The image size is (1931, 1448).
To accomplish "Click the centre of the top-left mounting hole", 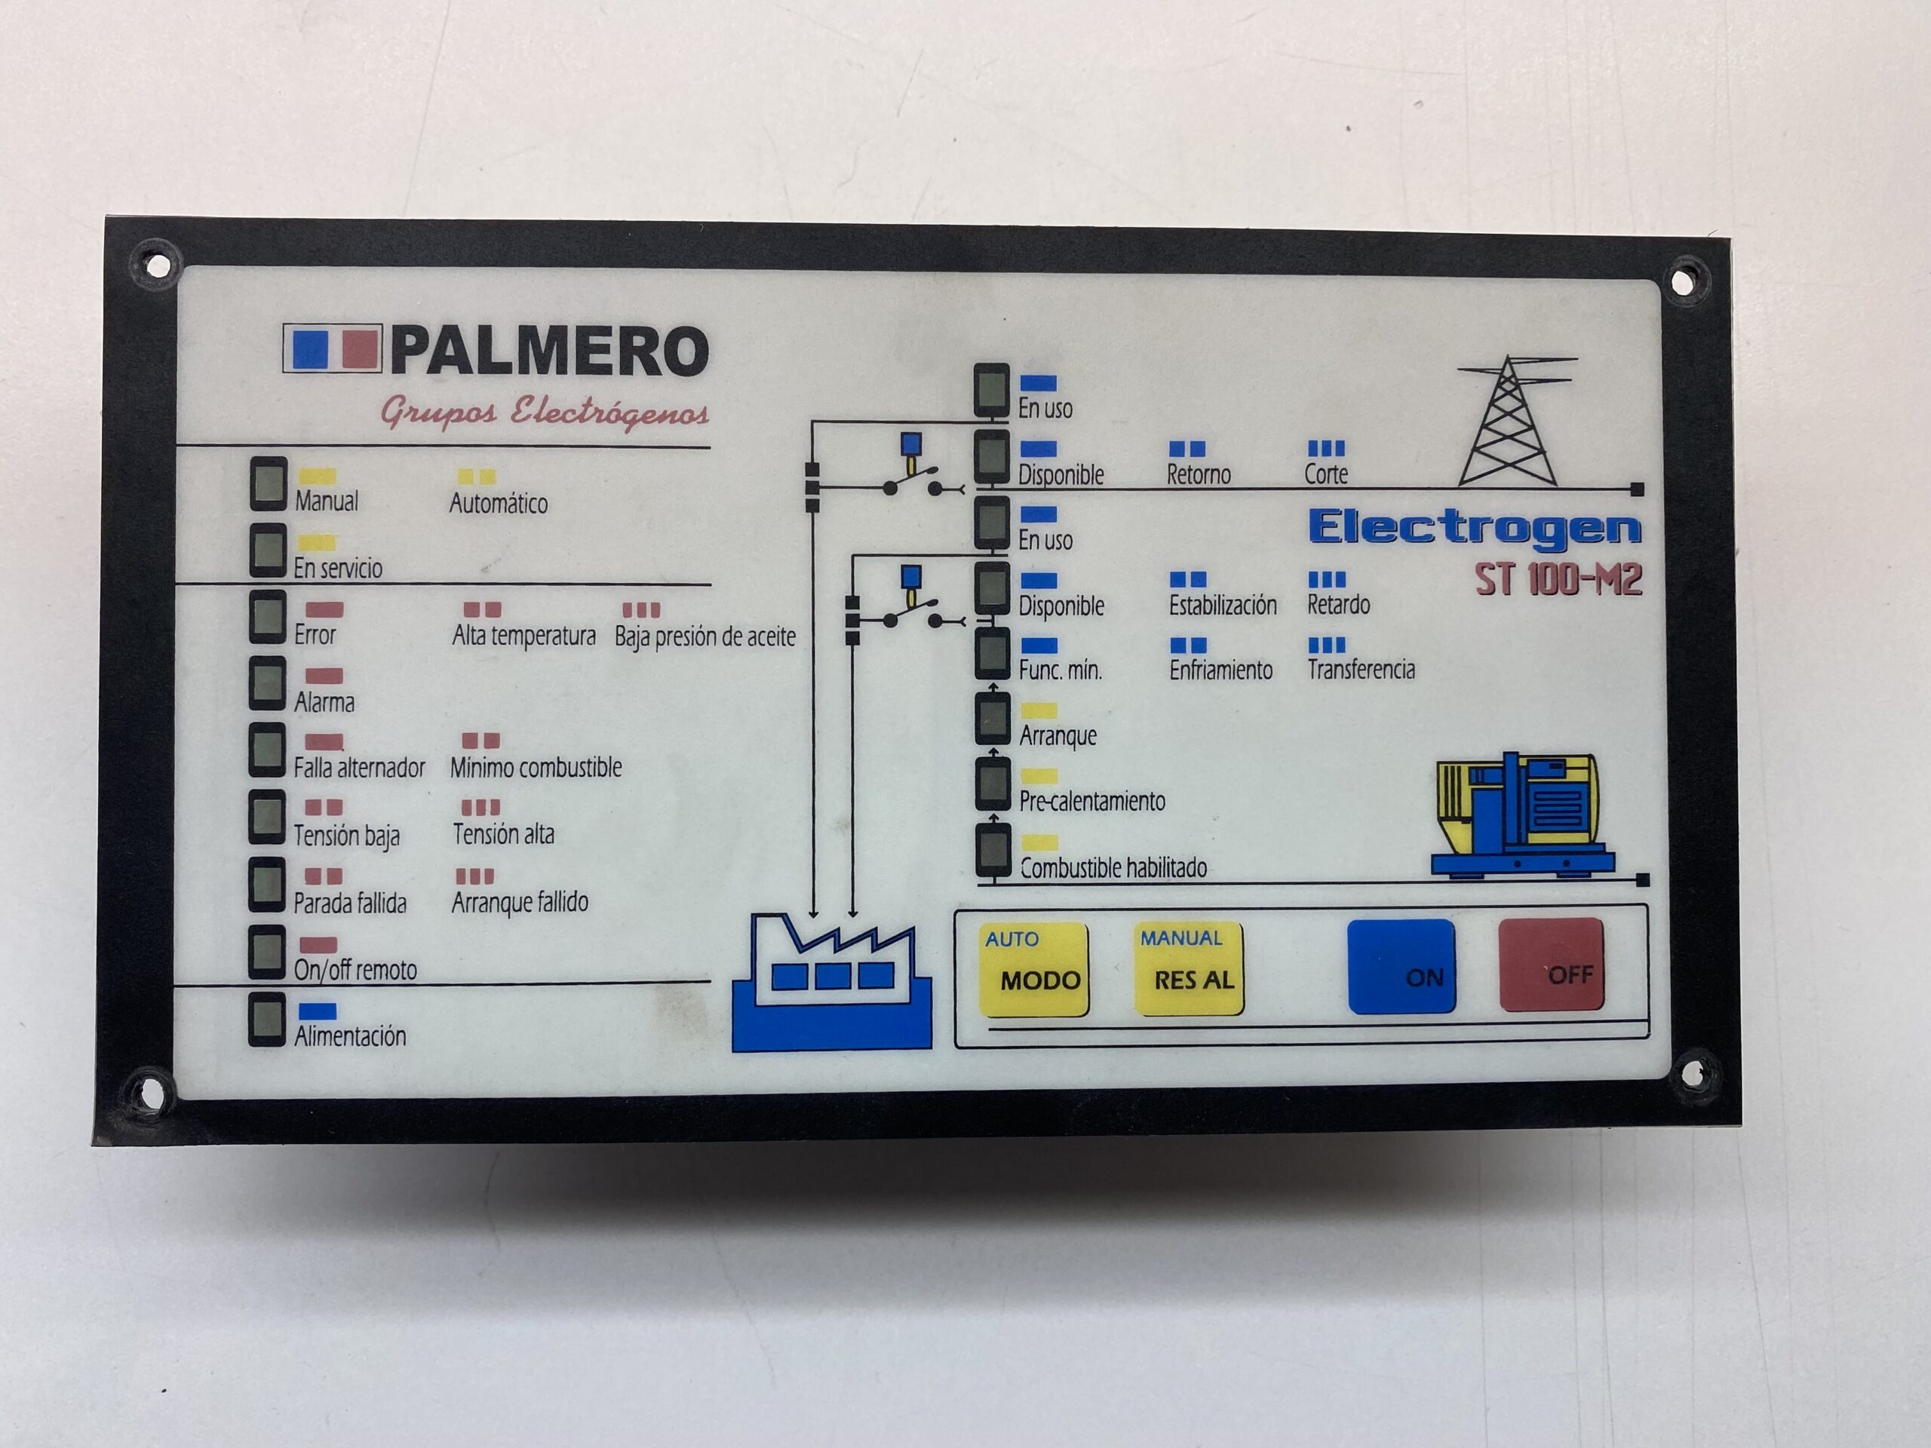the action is pos(158,262).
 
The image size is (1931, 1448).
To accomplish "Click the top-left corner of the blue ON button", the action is pos(1349,922).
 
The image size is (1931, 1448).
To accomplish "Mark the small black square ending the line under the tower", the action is pos(1638,489).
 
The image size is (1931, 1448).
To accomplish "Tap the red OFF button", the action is pos(1552,965).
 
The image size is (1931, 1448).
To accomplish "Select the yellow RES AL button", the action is pos(1189,969).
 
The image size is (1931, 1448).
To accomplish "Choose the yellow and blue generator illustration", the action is pos(1522,814).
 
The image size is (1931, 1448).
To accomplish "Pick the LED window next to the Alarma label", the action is pos(267,683).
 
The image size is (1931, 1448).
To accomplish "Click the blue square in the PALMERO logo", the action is pos(310,349).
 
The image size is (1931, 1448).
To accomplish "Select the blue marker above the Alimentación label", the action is pos(317,1011).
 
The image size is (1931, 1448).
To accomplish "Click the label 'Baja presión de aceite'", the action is pos(705,637).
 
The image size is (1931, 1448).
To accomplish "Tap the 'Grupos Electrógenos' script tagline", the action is pos(544,411).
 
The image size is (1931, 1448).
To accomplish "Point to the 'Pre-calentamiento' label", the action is pos(1092,801).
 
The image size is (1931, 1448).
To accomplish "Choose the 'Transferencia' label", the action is pos(1361,670).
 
